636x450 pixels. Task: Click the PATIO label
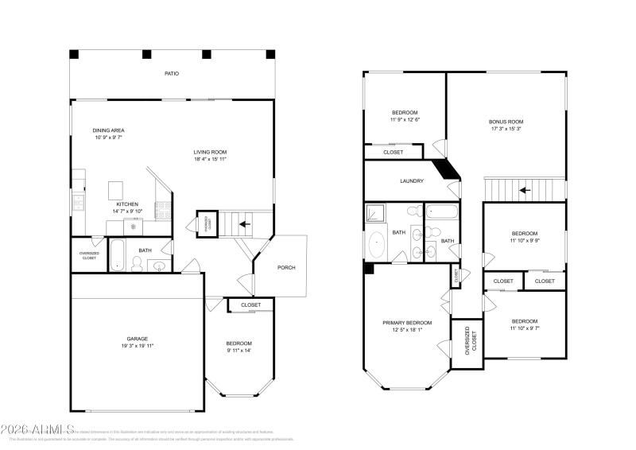click(x=171, y=73)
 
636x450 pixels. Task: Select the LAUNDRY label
click(x=411, y=181)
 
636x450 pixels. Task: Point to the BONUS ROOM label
click(x=506, y=122)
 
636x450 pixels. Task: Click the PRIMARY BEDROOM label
click(x=407, y=323)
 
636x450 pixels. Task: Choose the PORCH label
click(x=286, y=267)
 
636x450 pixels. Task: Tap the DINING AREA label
click(x=108, y=130)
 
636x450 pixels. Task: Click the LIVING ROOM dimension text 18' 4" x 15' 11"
click(x=211, y=160)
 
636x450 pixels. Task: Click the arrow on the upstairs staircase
click(x=524, y=190)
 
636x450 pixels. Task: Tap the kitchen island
click(x=116, y=189)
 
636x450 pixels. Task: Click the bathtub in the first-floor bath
click(x=117, y=254)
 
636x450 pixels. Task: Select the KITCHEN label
click(x=127, y=204)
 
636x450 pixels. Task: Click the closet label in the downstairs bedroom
click(x=251, y=305)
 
